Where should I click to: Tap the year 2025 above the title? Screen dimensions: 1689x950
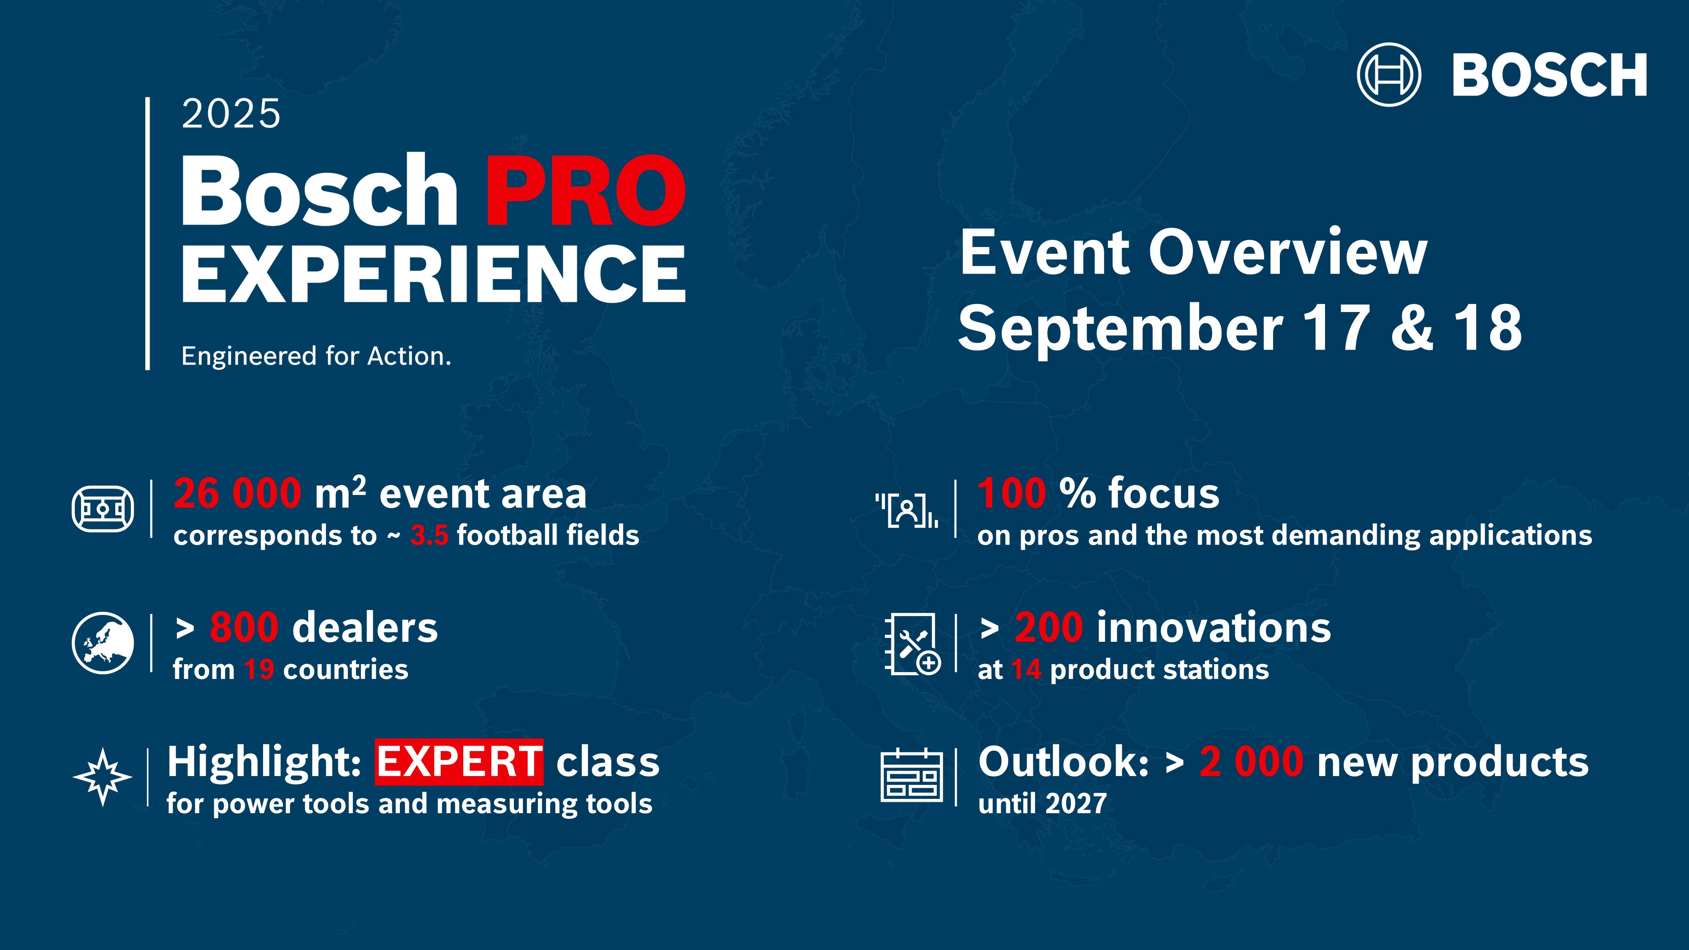point(231,114)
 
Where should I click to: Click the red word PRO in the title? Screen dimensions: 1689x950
point(585,191)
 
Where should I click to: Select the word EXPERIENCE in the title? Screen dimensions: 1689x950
point(433,274)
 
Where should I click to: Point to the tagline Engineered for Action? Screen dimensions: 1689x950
point(316,356)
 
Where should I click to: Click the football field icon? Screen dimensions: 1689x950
point(103,509)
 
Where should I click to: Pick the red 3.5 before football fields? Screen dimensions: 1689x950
point(429,535)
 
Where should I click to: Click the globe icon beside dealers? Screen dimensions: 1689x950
point(103,643)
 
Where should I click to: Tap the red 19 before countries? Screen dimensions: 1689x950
point(259,669)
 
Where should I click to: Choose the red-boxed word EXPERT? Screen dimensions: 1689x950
point(459,762)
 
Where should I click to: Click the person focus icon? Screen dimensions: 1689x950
point(907,510)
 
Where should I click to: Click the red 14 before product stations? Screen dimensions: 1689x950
point(1026,669)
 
